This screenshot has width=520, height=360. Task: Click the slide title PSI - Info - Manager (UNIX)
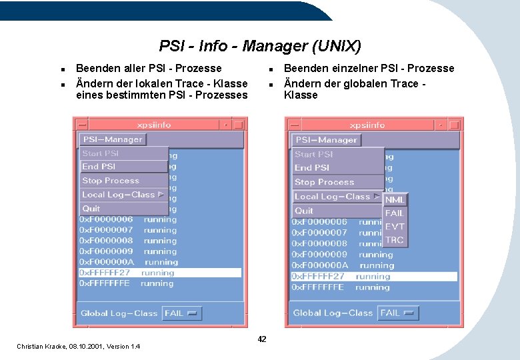[260, 46]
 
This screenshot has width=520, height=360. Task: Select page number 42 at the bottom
[262, 339]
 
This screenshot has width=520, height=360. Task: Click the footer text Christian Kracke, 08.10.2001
[79, 346]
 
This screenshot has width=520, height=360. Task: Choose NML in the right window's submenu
[395, 199]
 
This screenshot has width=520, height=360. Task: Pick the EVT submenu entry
[395, 227]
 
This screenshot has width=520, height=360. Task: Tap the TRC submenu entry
[395, 240]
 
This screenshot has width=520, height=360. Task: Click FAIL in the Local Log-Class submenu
[395, 213]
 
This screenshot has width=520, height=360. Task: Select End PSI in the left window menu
[99, 167]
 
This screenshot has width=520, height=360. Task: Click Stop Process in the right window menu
[325, 182]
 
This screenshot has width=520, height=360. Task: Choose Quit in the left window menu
[91, 209]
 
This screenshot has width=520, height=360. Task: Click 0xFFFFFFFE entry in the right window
[318, 287]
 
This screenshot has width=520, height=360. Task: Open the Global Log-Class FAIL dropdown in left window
[181, 313]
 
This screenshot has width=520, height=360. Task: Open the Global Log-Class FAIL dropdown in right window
[398, 313]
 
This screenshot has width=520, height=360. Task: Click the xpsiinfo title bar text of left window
[154, 125]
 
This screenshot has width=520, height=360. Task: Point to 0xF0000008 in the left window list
[107, 241]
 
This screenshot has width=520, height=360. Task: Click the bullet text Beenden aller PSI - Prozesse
[149, 68]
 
